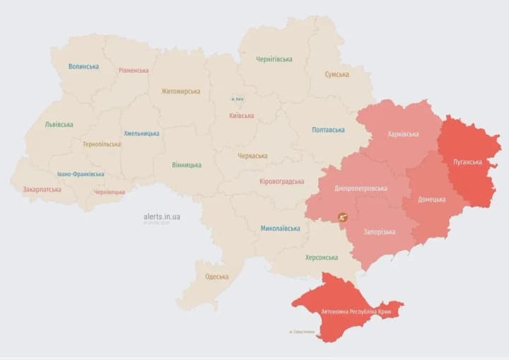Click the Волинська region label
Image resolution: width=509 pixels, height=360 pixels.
tap(83, 66)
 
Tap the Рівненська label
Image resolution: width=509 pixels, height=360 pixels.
tap(134, 71)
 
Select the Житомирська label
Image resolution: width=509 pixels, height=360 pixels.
tap(180, 91)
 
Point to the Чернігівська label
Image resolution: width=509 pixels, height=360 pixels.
tap(274, 59)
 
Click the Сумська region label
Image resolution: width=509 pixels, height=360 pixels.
tap(337, 74)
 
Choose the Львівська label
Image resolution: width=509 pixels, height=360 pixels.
tap(59, 124)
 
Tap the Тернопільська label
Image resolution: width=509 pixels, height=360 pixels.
tap(101, 144)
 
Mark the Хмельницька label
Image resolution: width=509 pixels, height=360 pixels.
tap(141, 133)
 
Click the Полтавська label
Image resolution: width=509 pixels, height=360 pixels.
tap(328, 130)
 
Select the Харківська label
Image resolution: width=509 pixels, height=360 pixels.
tap(403, 134)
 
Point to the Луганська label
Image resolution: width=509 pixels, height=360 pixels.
tap(467, 162)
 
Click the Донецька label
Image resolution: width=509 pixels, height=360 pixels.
tap(431, 199)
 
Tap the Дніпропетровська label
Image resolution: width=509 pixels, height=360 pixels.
tap(361, 189)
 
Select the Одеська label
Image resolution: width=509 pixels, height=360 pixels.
tap(216, 277)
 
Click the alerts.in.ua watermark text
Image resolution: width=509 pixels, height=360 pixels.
tap(161, 216)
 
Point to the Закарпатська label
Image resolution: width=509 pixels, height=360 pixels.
tap(42, 190)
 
